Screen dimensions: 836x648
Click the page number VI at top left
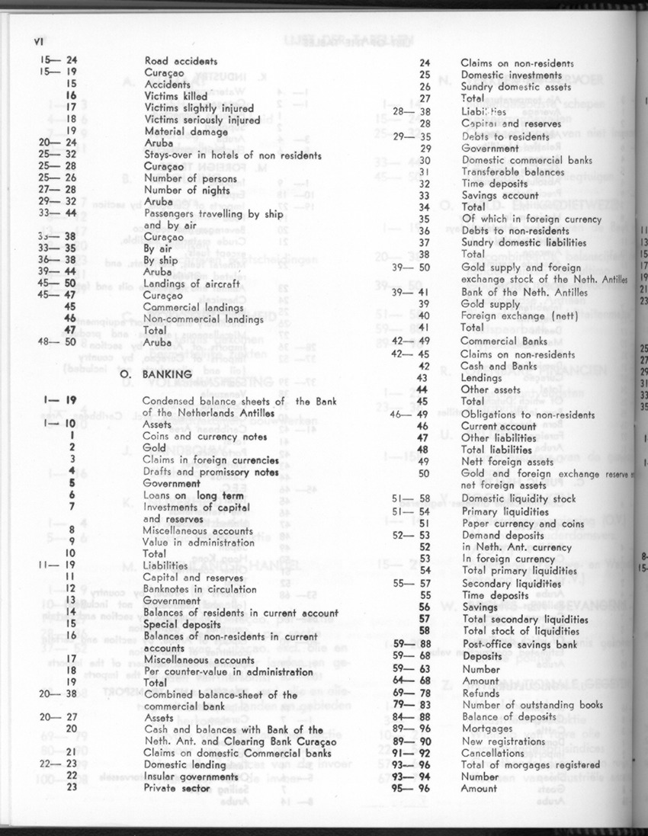pyautogui.click(x=31, y=41)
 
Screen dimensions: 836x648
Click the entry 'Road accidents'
pyautogui.click(x=181, y=61)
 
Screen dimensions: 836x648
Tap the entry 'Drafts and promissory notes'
pyautogui.click(x=210, y=472)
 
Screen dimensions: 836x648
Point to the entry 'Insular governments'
pyautogui.click(x=191, y=776)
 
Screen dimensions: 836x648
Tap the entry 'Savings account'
pyautogui.click(x=499, y=195)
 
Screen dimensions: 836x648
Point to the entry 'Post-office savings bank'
pyautogui.click(x=519, y=644)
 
